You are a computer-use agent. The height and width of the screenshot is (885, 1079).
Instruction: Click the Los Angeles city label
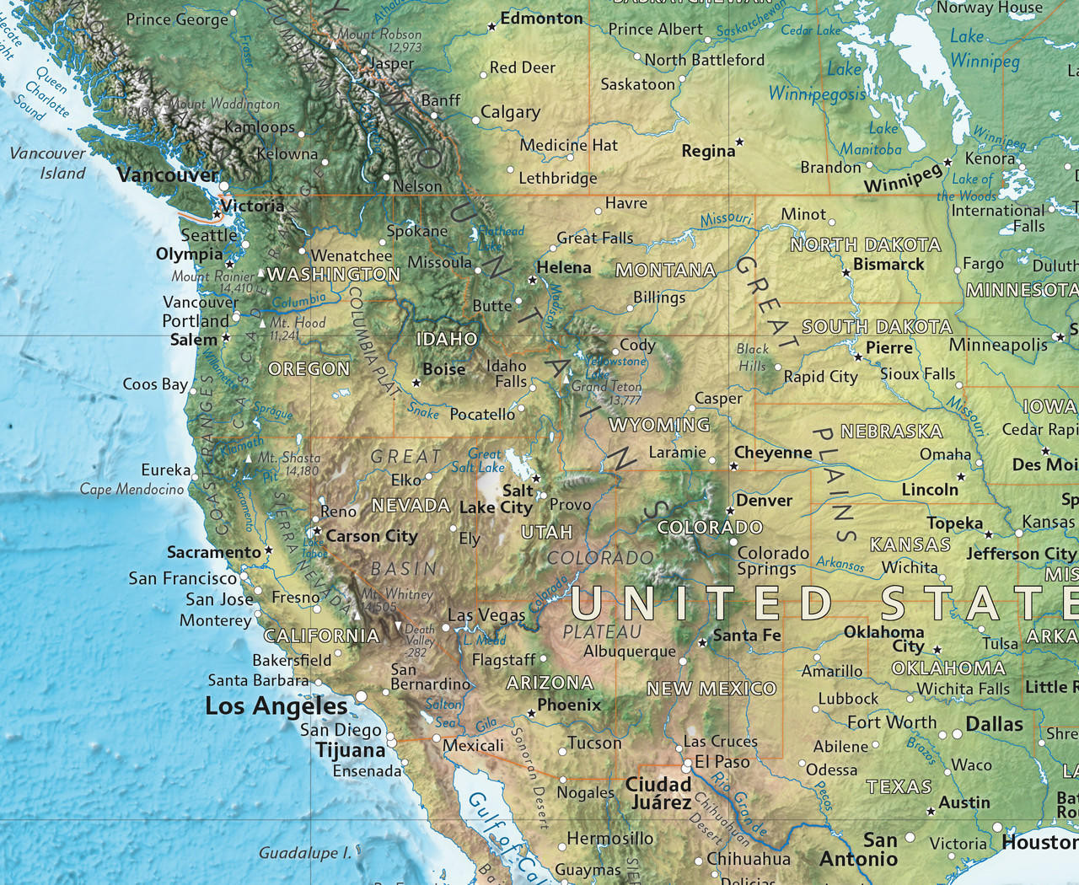[276, 706]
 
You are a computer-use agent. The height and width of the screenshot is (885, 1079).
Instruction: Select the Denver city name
[764, 501]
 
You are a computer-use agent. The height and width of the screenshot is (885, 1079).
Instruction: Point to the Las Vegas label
[486, 615]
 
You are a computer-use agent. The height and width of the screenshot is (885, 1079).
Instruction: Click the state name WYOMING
[659, 425]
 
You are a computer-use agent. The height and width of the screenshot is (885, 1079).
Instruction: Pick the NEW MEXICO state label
[711, 689]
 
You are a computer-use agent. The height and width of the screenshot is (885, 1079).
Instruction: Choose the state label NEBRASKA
[891, 432]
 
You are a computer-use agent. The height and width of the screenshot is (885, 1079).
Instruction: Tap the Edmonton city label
[541, 18]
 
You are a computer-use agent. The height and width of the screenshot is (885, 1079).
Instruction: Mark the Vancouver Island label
[50, 164]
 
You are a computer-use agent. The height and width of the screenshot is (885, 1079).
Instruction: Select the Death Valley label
[419, 640]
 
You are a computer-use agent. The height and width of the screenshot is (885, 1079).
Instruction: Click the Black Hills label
[752, 357]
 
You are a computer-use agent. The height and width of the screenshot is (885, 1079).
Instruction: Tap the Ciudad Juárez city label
[659, 793]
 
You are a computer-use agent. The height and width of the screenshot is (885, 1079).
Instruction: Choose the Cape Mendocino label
[132, 489]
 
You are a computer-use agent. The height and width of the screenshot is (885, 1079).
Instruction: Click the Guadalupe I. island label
[304, 853]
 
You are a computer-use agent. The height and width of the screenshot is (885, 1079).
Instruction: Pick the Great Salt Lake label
[481, 460]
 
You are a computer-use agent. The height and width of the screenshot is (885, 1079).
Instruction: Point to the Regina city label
[708, 151]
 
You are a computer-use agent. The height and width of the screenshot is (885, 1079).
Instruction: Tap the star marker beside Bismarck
[846, 273]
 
